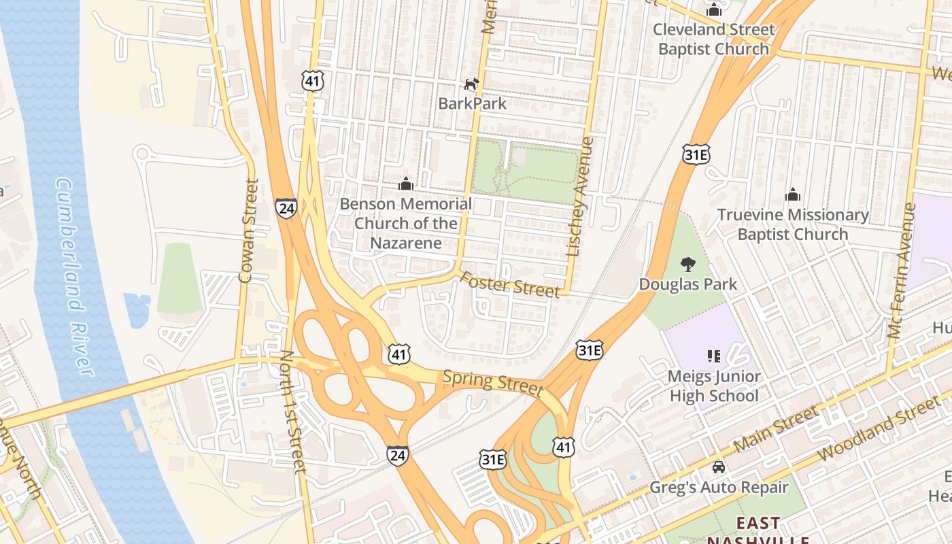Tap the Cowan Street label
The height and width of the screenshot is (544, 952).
[250, 231]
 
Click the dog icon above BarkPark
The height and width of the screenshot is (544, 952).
[471, 84]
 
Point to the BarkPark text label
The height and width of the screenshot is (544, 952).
[472, 103]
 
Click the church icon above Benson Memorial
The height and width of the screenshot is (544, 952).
[406, 184]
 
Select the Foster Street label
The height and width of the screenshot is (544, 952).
[510, 284]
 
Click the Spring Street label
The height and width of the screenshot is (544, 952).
[493, 383]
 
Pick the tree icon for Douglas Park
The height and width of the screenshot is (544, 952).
[688, 265]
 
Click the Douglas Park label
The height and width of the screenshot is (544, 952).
[688, 284]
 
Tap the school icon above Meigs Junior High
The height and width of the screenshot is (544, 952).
[714, 356]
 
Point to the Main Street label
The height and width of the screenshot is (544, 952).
[777, 429]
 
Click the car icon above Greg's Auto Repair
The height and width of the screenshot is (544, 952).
[718, 467]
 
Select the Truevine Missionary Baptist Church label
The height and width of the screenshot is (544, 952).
[793, 224]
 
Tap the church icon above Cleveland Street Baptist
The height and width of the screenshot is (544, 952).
[713, 10]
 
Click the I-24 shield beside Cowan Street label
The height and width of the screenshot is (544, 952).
[286, 208]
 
